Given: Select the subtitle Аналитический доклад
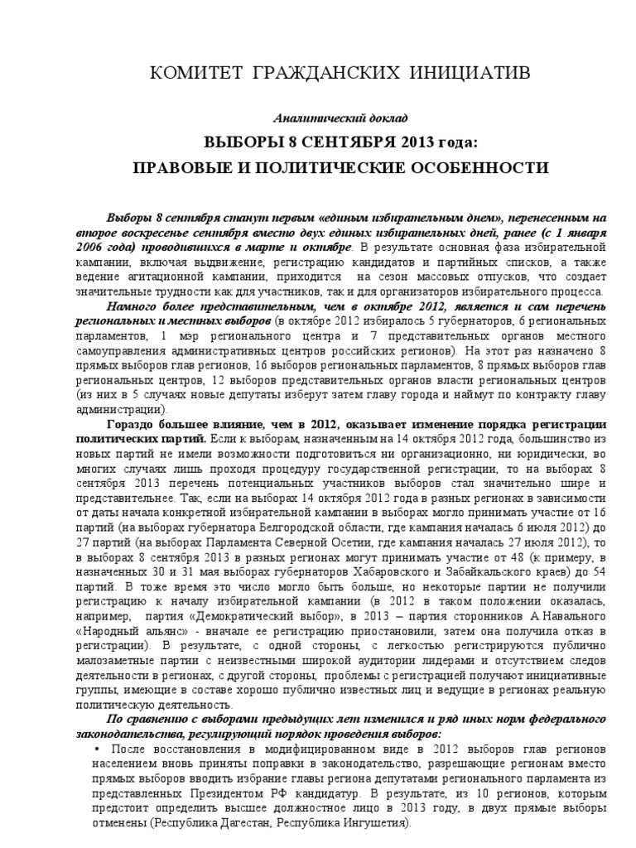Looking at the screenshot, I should pyautogui.click(x=340, y=118).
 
